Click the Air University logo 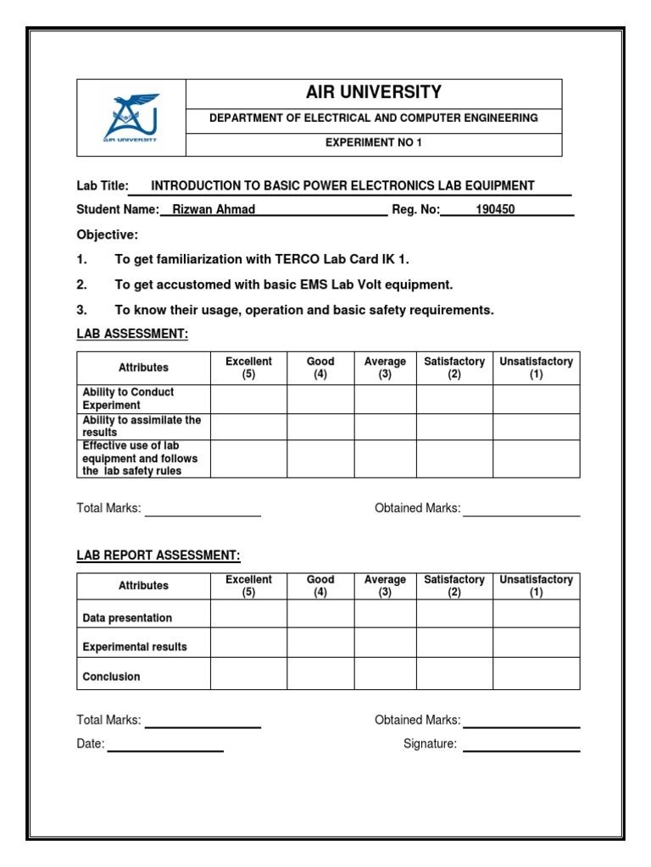click(131, 118)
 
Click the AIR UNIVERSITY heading click(373, 92)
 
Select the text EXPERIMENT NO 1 click(373, 143)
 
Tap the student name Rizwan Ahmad click(214, 210)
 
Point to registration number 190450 click(495, 210)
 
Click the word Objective click(107, 235)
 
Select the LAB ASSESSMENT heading click(131, 334)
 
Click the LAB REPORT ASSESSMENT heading click(159, 555)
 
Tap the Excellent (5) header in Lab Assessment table click(248, 367)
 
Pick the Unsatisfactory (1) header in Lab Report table click(536, 586)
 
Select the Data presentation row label click(127, 618)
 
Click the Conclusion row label click(111, 676)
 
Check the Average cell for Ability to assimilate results click(385, 427)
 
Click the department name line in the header click(373, 119)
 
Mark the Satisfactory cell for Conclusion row click(454, 673)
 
